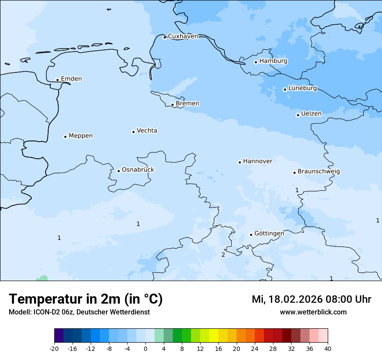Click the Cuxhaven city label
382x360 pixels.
pos(183,36)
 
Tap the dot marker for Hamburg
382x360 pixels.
pos(256,62)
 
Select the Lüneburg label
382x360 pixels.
pos(302,88)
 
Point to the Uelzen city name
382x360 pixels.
pos(311,114)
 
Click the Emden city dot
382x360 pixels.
pos(57,80)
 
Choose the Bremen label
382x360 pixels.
pos(188,104)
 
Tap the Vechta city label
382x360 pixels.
pos(147,131)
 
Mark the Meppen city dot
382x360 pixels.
pos(65,137)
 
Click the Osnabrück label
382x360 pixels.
pos(138,170)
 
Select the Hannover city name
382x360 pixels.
pos(257,161)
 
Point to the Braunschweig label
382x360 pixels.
pos(319,172)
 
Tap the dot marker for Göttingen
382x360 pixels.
pos(251,235)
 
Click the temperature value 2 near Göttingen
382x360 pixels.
pos(223,255)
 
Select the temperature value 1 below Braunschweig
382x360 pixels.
pos(297,190)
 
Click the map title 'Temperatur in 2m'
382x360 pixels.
pos(86,299)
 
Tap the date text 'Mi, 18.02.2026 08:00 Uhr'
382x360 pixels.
pos(311,299)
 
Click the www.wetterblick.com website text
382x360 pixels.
pos(313,312)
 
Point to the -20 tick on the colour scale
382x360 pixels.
pos(54,348)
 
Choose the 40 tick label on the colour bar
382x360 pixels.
pos(328,348)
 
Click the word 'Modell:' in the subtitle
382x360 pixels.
pos(19,312)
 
